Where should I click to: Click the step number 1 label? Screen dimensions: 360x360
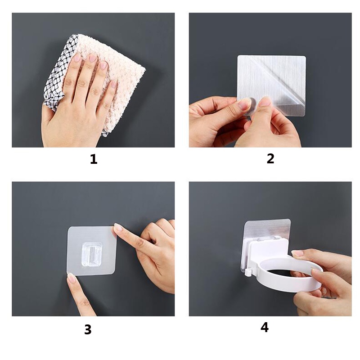click(94, 159)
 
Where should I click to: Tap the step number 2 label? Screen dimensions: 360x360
click(270, 159)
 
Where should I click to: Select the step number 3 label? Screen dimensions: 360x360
click(88, 330)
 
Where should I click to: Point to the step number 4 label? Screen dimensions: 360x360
click(265, 328)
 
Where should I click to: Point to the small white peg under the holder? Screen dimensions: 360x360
click(248, 273)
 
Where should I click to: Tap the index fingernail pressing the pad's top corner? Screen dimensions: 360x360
click(119, 227)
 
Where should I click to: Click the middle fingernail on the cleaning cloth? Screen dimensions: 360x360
click(93, 58)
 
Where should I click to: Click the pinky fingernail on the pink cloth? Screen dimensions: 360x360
click(114, 83)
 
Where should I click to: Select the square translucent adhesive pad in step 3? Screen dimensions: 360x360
click(91, 251)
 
